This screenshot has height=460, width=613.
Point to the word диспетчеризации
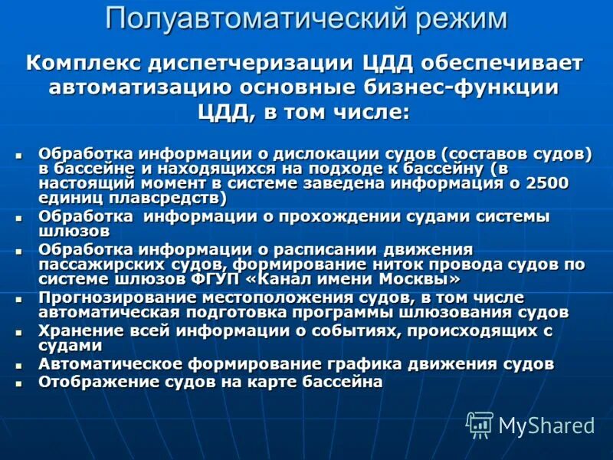(x=260, y=62)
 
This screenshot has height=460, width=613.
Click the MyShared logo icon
(x=480, y=423)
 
